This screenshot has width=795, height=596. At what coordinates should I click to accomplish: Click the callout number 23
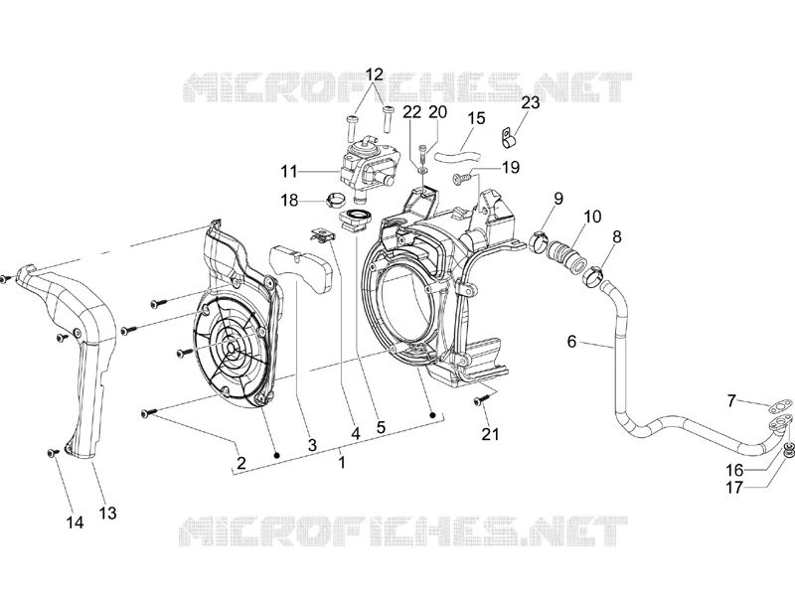coord(531,103)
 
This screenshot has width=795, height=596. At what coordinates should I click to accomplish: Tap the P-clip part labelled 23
coord(509,138)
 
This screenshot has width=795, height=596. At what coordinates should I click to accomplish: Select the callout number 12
coord(374,74)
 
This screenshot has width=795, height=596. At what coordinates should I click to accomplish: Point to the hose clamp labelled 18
coord(336,201)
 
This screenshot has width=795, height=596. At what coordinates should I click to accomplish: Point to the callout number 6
coord(572,342)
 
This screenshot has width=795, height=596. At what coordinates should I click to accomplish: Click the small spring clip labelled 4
coord(320,235)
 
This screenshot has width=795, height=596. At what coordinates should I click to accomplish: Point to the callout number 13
coord(107,513)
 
